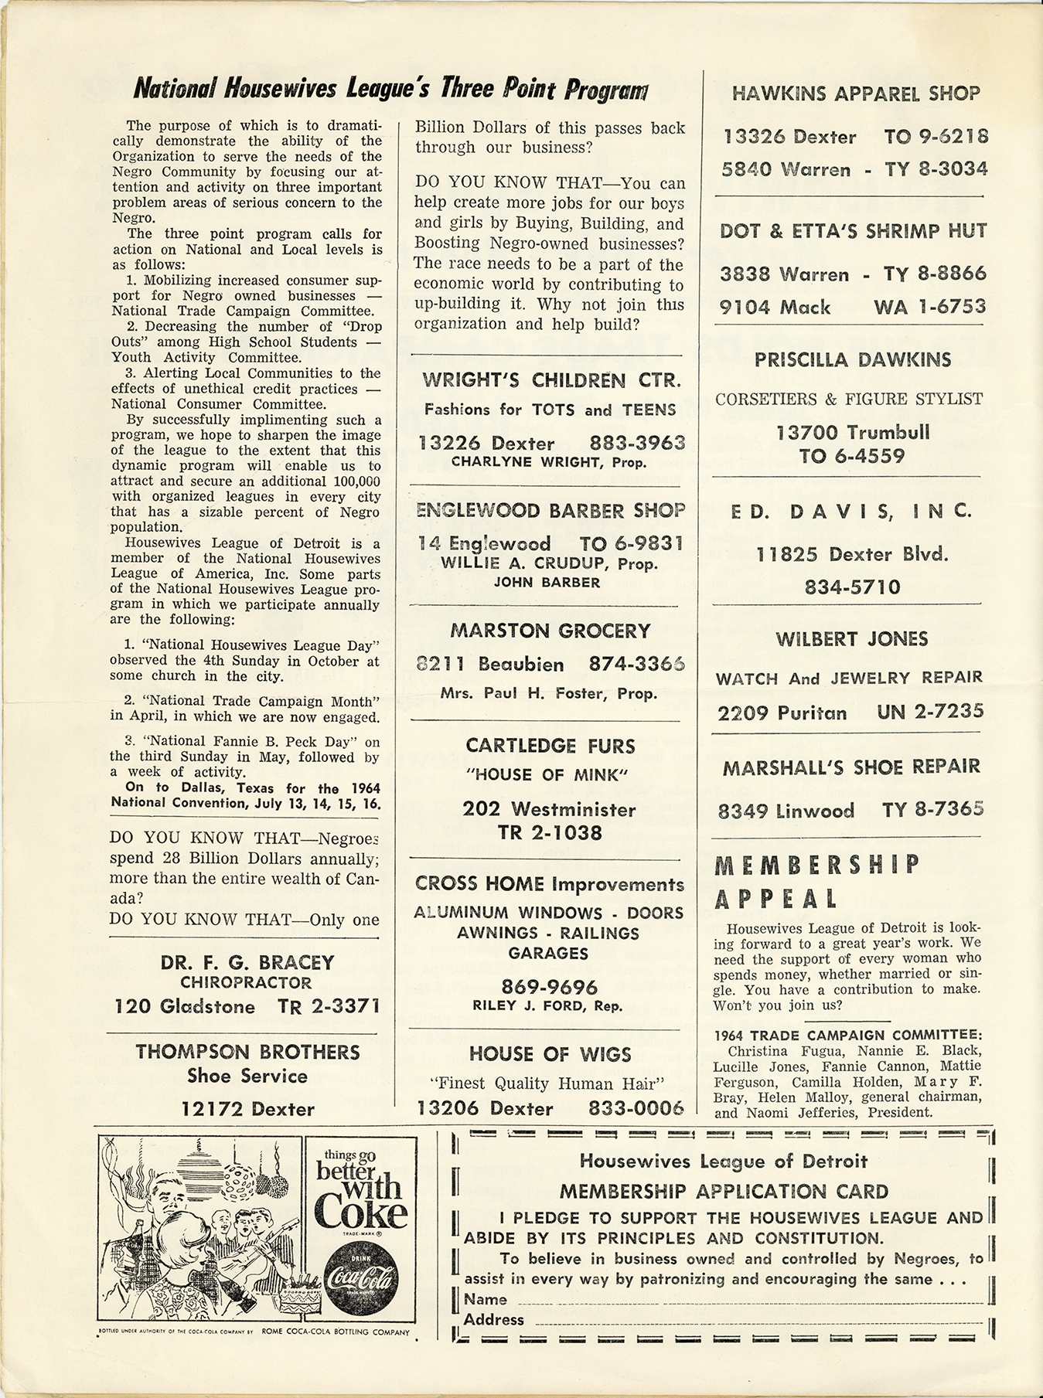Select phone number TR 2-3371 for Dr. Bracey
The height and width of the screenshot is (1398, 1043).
click(328, 1006)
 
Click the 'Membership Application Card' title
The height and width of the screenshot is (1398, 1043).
click(724, 1192)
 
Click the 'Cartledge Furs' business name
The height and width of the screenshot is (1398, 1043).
click(550, 746)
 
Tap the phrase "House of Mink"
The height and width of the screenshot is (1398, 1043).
click(550, 775)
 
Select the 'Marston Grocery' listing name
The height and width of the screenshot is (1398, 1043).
click(550, 631)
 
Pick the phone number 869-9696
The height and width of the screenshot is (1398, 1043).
click(550, 987)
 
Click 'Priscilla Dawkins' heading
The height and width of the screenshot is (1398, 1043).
click(853, 359)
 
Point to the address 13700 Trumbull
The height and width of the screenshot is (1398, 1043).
click(853, 432)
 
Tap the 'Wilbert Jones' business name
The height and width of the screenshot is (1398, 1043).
click(852, 639)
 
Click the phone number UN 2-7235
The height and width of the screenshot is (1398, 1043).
click(930, 712)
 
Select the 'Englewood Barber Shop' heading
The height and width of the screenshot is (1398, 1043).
click(550, 511)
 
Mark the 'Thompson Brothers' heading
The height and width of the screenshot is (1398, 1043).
click(247, 1052)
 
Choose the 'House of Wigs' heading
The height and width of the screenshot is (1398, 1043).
click(550, 1055)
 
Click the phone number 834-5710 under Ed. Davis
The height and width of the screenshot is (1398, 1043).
click(852, 587)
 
